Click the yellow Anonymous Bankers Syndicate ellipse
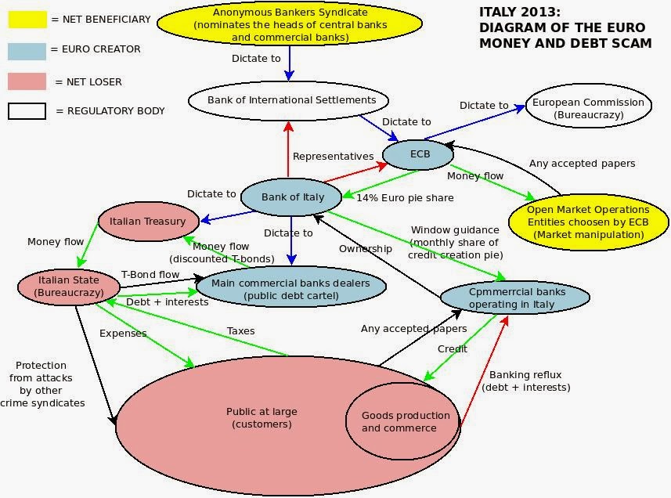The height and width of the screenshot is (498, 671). pyautogui.click(x=290, y=24)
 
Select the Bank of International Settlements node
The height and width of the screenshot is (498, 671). pyautogui.click(x=286, y=100)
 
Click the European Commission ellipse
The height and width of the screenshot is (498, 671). pyautogui.click(x=587, y=108)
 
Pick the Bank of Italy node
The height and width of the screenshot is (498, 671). pyautogui.click(x=291, y=197)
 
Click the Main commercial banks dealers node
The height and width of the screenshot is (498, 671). pyautogui.click(x=290, y=288)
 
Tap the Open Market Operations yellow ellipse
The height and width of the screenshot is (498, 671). pyautogui.click(x=587, y=221)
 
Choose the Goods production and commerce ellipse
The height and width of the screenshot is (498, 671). pyautogui.click(x=405, y=421)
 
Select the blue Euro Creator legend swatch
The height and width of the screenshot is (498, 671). pyautogui.click(x=27, y=49)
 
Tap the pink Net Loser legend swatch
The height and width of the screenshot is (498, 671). pyautogui.click(x=27, y=81)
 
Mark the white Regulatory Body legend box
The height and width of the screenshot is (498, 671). pyautogui.click(x=27, y=111)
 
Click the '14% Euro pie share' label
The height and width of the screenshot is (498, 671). pyautogui.click(x=405, y=198)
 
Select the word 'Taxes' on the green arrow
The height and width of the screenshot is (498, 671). pyautogui.click(x=241, y=331)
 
